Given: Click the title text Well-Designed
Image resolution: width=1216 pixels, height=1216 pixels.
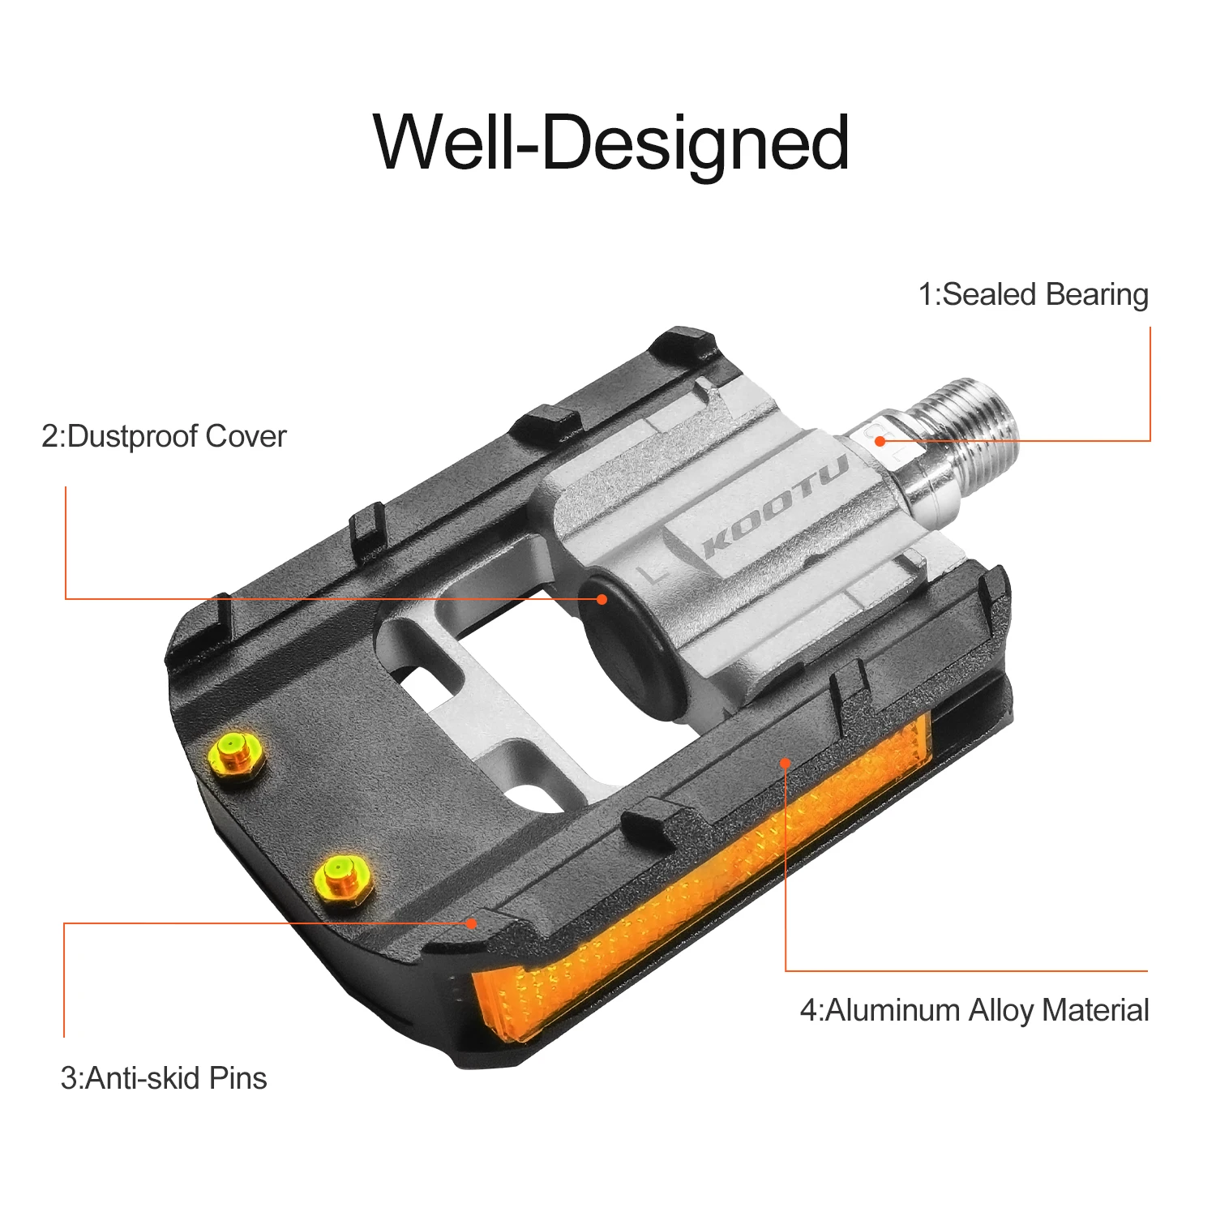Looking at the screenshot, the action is click(611, 143).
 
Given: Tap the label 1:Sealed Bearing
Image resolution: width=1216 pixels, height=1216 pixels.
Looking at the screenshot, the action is click(1033, 294).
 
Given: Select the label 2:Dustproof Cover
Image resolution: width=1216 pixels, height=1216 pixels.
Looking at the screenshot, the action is click(164, 436).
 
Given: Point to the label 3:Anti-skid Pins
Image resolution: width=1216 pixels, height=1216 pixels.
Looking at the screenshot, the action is click(164, 1078).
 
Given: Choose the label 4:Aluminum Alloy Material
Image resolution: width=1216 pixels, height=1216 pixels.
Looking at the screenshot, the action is click(974, 1010).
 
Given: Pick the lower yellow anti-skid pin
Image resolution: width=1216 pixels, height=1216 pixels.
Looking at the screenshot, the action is click(342, 878).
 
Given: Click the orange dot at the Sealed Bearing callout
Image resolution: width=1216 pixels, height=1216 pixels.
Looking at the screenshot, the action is click(880, 441).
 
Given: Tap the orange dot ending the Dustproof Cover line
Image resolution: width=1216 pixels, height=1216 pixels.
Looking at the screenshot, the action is click(602, 599).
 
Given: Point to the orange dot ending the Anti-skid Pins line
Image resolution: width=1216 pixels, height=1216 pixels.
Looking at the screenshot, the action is click(472, 923).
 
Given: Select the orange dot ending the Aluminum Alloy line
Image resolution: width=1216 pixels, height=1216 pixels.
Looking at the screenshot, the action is click(785, 762).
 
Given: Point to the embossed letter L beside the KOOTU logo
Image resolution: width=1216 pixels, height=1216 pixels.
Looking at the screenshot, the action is click(652, 573).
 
